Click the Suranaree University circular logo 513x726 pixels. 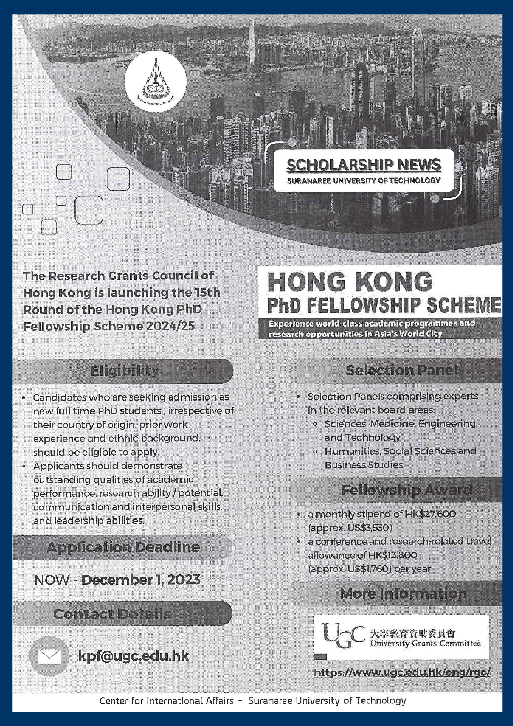point(155,81)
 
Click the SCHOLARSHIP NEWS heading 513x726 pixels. point(364,165)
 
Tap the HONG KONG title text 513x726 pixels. point(350,282)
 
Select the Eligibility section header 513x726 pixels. point(125,371)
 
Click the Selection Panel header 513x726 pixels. point(401,371)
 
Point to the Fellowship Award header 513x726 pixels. point(406,490)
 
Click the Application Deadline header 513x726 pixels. point(123,547)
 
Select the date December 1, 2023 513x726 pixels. point(141,580)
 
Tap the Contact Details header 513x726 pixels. point(112,614)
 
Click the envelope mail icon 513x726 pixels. point(49,657)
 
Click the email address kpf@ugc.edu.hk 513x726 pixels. point(133,656)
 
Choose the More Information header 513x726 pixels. point(403,594)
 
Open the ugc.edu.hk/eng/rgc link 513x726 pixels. point(402,673)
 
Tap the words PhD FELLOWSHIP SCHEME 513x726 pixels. point(384,305)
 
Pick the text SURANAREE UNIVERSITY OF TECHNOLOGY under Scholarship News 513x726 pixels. point(364,181)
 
